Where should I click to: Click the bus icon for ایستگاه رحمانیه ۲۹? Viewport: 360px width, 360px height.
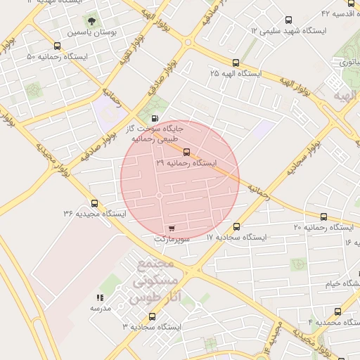(186, 152)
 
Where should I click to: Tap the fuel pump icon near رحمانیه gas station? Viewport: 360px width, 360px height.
(154, 118)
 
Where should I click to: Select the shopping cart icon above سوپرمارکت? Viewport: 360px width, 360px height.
(172, 229)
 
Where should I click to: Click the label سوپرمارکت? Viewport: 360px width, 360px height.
(172, 239)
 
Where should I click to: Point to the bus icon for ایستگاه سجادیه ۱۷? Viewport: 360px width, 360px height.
(236, 227)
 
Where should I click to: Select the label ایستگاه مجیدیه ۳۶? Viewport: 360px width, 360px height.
(94, 213)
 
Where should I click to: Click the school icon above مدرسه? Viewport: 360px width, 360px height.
(99, 298)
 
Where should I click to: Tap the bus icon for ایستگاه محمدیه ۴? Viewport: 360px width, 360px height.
(338, 311)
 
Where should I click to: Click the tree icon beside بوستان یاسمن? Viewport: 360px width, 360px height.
(91, 21)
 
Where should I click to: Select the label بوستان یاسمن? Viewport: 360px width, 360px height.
(91, 32)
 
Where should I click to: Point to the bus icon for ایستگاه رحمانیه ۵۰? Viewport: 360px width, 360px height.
(56, 46)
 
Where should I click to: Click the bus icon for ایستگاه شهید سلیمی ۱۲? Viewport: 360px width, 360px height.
(288, 21)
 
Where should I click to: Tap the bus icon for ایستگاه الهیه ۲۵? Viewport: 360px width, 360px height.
(236, 63)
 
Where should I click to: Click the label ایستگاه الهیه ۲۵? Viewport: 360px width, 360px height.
(236, 73)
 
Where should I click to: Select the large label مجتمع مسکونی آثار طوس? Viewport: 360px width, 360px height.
(151, 281)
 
